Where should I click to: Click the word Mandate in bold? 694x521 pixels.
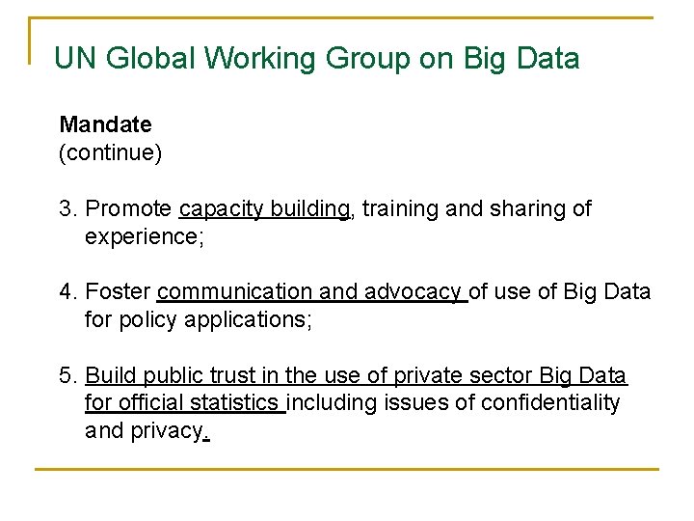point(105,124)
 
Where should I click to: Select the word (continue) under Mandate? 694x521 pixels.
point(110,152)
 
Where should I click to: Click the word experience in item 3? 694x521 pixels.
point(141,236)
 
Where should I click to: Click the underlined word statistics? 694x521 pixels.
point(238,402)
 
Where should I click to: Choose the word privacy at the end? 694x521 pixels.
point(167,430)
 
